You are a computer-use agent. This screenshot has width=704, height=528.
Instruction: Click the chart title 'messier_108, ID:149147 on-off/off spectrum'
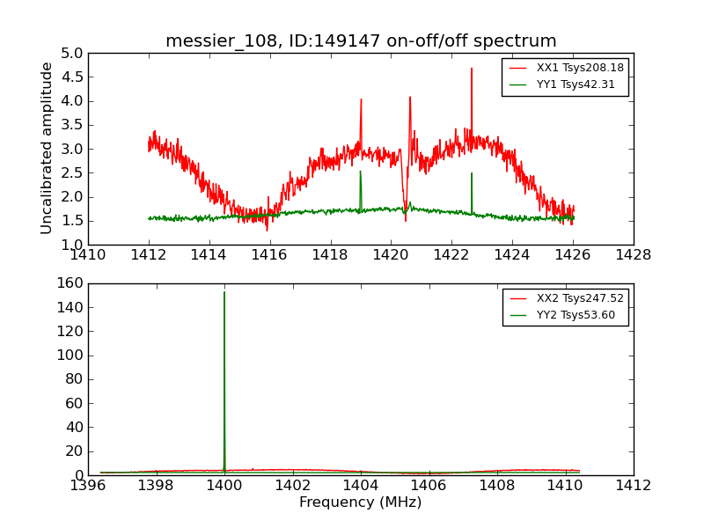(361, 41)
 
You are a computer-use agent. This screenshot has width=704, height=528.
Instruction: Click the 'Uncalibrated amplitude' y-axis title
(48, 148)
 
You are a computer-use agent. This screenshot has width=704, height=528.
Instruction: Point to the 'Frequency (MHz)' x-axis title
(361, 502)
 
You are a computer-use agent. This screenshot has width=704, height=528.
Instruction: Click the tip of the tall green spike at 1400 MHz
(224, 292)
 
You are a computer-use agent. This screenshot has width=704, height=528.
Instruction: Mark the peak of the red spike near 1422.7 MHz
(472, 68)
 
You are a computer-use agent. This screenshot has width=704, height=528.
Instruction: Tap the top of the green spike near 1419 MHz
(360, 171)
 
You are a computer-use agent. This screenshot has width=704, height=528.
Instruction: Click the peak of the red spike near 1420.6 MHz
(410, 97)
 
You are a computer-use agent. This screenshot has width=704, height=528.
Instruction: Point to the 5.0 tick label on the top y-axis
(72, 53)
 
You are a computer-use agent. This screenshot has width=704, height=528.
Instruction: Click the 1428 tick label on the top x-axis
(634, 255)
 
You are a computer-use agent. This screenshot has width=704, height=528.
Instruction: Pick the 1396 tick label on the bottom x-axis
(88, 486)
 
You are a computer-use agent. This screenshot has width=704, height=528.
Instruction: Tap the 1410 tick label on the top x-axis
(88, 255)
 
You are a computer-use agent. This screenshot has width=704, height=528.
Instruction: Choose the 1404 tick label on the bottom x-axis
(361, 486)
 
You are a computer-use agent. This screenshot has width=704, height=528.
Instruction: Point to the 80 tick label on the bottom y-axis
(73, 379)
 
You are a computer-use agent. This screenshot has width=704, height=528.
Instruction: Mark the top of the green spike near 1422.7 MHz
(472, 172)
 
